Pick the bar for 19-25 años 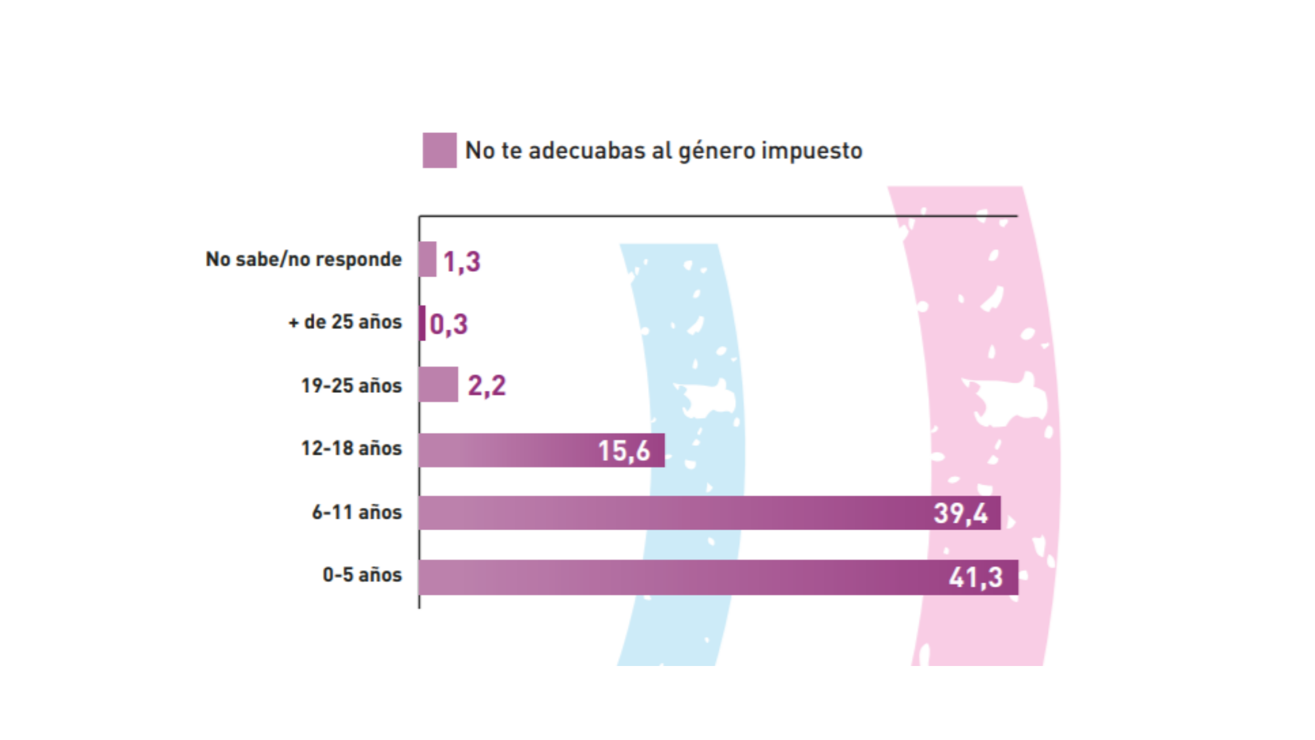point(438,384)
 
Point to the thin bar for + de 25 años point(422,323)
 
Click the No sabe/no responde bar point(427,259)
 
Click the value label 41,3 point(975,578)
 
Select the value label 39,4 point(960,513)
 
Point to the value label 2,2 point(486,385)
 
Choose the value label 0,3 point(448,324)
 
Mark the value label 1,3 point(461,262)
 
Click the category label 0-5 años point(362,575)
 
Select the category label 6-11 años point(357,512)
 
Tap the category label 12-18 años point(351,448)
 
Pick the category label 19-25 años point(351,385)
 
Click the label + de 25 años point(345,322)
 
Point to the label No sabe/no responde point(304,259)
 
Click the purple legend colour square point(439,150)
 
